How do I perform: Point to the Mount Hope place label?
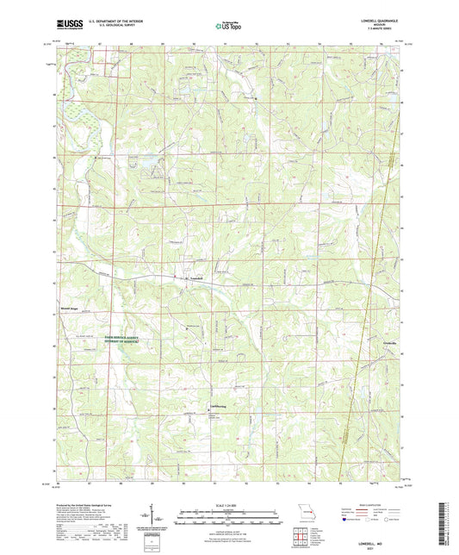[x=65, y=306]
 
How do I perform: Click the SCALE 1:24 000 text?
[x=228, y=504]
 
